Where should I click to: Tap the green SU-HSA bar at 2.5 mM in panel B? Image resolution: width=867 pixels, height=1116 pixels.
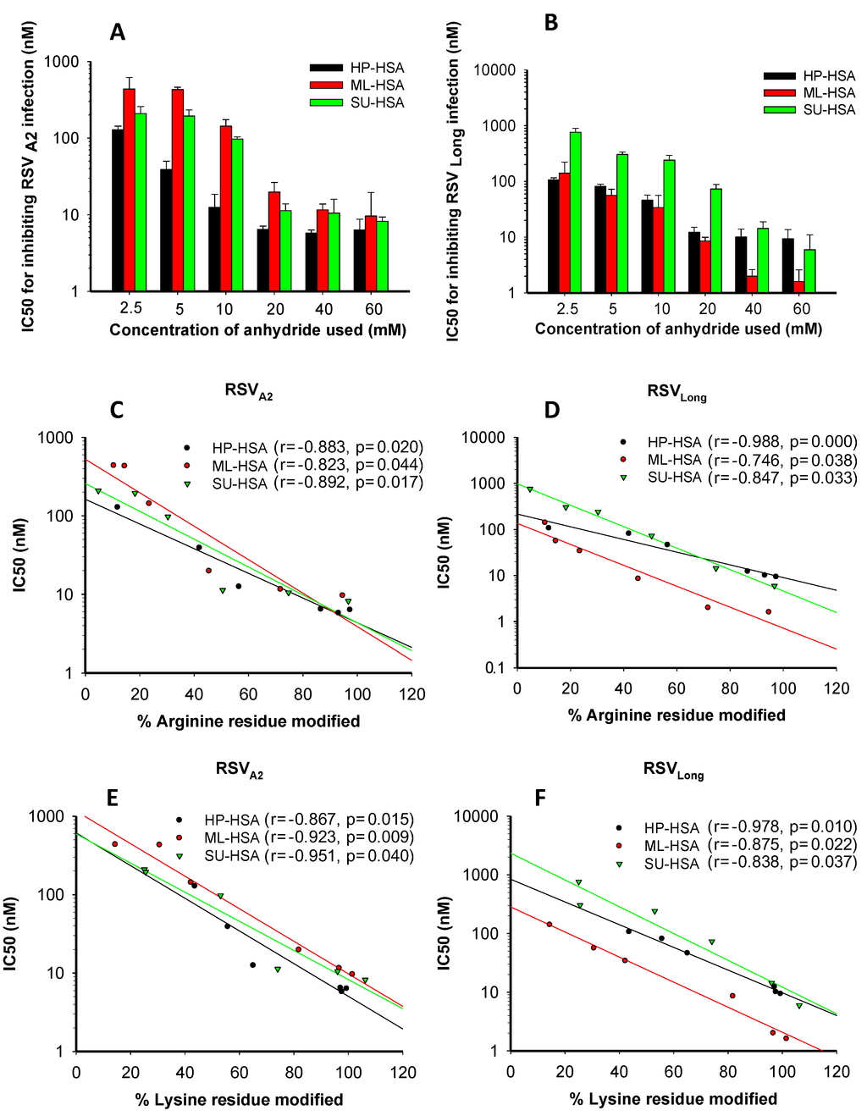pyautogui.click(x=576, y=213)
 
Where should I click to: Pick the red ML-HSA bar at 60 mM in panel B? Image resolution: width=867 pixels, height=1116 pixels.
pyautogui.click(x=798, y=287)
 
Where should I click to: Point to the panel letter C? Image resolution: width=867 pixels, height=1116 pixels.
pyautogui.click(x=117, y=410)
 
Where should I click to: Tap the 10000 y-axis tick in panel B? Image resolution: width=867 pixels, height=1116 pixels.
pyautogui.click(x=494, y=70)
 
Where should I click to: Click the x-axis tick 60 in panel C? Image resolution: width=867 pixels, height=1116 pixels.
pyautogui.click(x=248, y=694)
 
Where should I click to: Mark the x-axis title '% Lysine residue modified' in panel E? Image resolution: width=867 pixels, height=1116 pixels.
pyautogui.click(x=239, y=1099)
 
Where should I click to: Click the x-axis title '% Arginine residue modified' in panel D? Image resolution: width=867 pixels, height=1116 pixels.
pyautogui.click(x=676, y=715)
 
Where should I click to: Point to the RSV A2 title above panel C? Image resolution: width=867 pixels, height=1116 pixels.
pyautogui.click(x=248, y=391)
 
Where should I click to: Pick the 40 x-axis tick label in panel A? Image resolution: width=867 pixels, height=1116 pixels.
pyautogui.click(x=323, y=309)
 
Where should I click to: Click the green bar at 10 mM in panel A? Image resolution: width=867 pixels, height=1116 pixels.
pyautogui.click(x=238, y=215)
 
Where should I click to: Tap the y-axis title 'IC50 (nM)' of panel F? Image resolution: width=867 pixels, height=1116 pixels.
pyautogui.click(x=445, y=933)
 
